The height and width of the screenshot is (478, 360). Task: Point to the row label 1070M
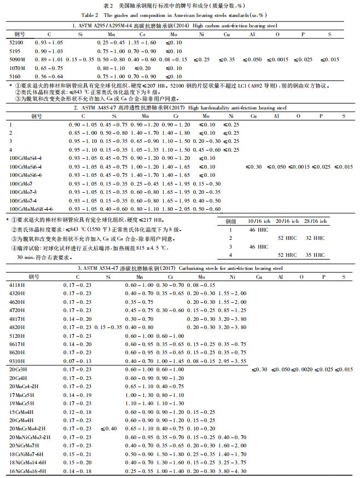pyautogui.click(x=16, y=67)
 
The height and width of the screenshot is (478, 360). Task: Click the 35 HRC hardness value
pyautogui.click(x=315, y=255)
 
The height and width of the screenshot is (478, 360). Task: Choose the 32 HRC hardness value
pyautogui.click(x=315, y=238)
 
